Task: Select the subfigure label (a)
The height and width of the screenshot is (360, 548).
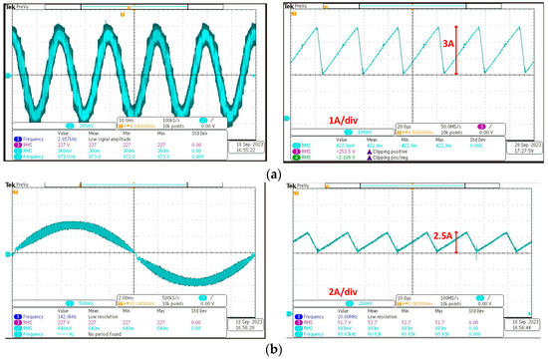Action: (x=274, y=173)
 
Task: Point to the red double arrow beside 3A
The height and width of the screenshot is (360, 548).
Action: (x=455, y=50)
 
